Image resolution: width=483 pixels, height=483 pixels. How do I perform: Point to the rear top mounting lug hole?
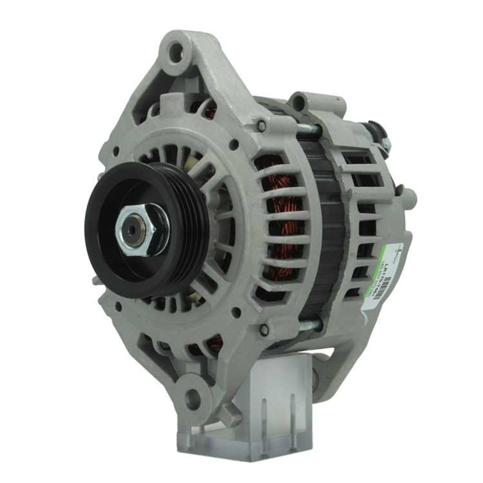click(300, 102)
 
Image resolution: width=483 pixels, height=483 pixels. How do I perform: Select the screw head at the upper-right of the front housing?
click(262, 127)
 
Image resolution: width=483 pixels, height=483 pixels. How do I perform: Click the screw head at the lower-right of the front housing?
click(264, 330)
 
